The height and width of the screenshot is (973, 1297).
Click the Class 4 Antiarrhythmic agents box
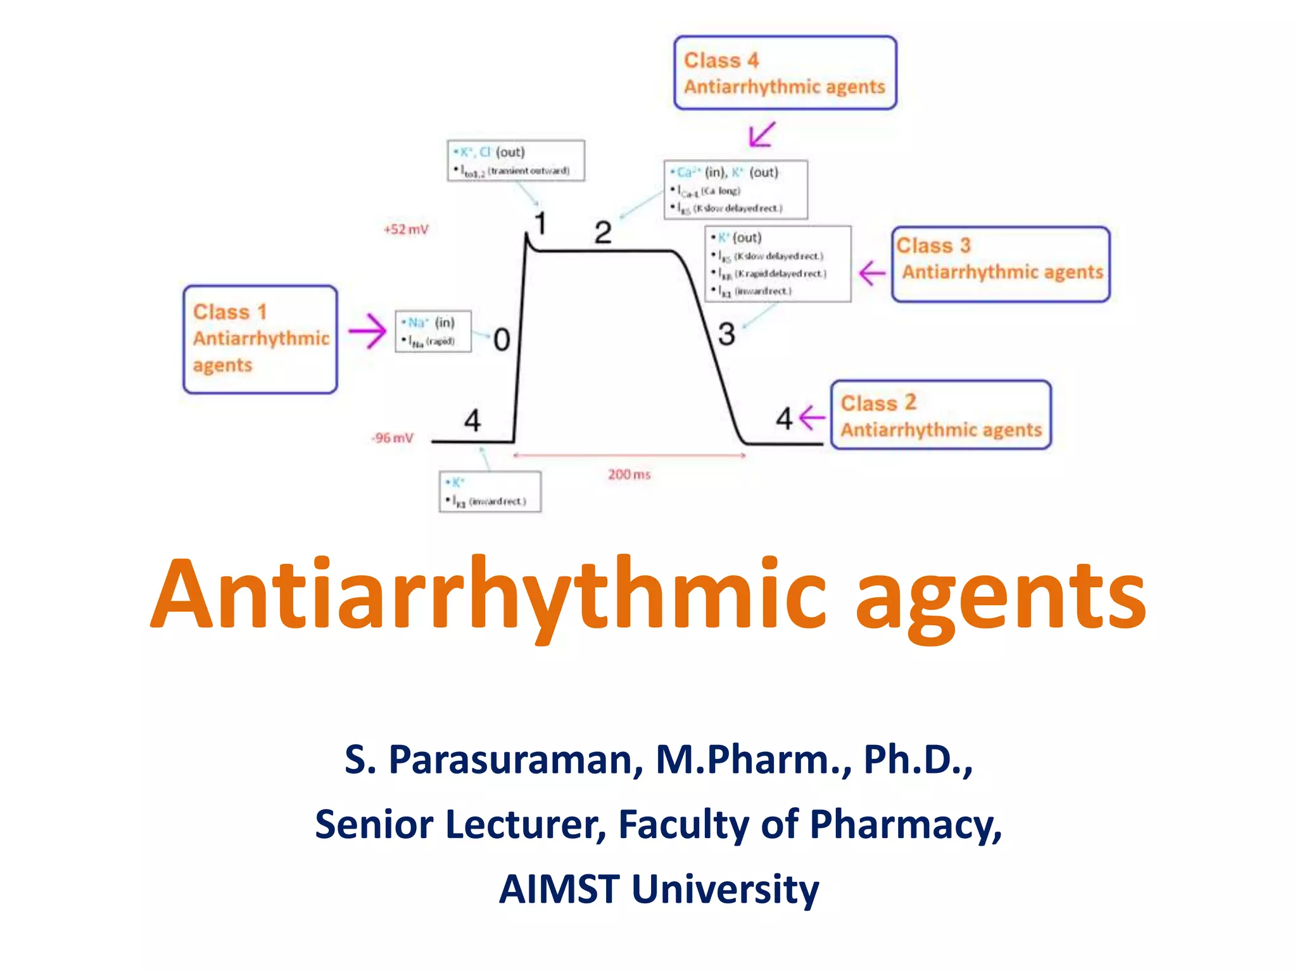(x=785, y=73)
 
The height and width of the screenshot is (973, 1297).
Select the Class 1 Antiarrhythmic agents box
(x=260, y=340)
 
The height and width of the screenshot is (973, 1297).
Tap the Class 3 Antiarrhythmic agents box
(x=1001, y=264)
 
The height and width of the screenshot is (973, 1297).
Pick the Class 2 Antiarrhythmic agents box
(x=940, y=416)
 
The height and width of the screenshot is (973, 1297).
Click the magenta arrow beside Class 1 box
(x=367, y=331)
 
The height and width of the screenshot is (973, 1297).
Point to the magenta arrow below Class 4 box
(x=761, y=134)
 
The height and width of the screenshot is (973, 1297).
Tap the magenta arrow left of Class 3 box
(x=872, y=273)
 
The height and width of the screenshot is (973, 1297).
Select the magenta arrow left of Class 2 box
(x=813, y=417)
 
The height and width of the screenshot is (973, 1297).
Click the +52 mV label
(x=406, y=229)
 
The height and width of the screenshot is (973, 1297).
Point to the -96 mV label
(x=393, y=438)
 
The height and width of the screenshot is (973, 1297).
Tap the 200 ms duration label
(x=629, y=474)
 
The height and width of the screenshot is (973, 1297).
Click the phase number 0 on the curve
(x=502, y=340)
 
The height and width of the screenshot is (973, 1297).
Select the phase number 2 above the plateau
(x=603, y=232)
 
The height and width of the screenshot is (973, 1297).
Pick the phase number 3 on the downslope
(x=726, y=334)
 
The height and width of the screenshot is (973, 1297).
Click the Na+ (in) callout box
(x=433, y=331)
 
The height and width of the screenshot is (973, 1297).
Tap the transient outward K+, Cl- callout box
(x=516, y=161)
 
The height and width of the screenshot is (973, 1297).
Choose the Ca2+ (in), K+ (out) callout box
(x=735, y=189)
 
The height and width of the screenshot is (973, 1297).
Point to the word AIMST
(x=559, y=889)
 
